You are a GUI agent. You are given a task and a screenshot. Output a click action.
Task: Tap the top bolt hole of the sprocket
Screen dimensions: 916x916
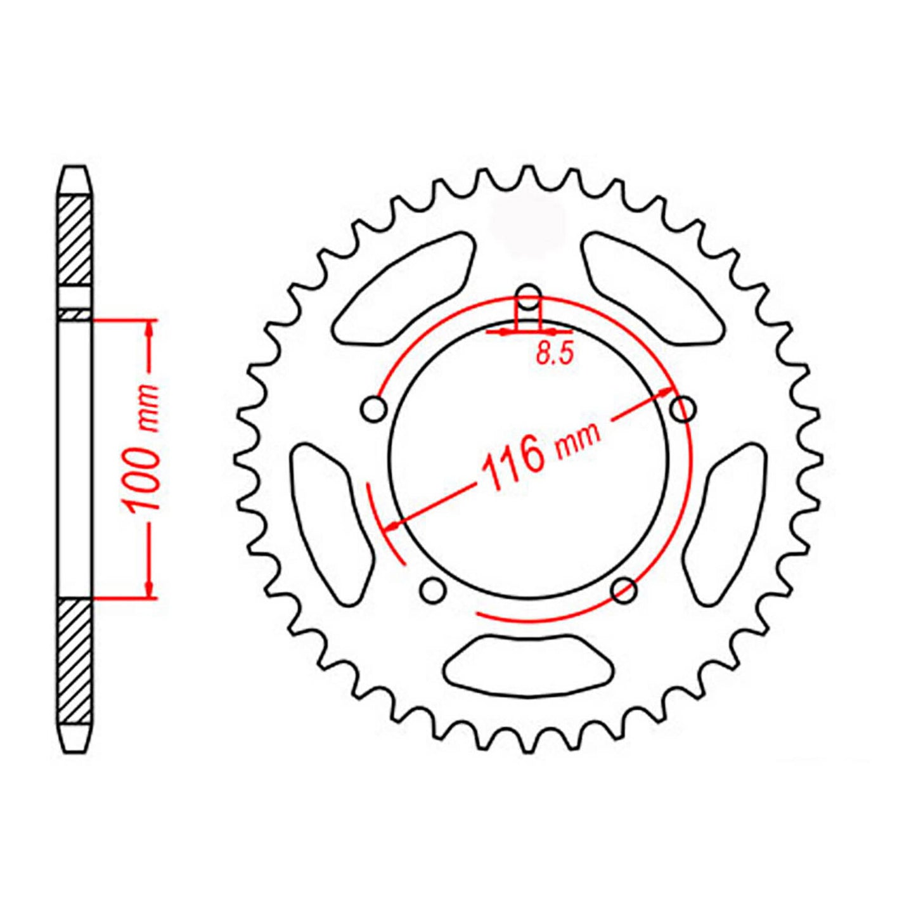[529, 293]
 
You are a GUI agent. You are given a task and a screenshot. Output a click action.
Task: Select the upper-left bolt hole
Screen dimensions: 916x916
[374, 410]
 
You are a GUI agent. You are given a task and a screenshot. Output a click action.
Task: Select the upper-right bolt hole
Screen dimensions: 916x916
[683, 410]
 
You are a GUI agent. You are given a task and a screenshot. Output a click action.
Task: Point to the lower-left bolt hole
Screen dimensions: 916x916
[434, 590]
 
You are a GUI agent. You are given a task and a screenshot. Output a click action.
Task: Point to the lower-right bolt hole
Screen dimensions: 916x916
[624, 590]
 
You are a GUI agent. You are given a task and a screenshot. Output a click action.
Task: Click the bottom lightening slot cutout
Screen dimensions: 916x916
[529, 663]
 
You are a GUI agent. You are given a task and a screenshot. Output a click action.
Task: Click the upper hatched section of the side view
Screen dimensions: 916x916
[75, 241]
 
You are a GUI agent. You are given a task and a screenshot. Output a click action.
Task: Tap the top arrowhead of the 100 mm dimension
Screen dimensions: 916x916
[150, 327]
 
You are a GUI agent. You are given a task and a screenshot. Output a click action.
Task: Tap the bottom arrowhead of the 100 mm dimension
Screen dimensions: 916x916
[150, 590]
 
